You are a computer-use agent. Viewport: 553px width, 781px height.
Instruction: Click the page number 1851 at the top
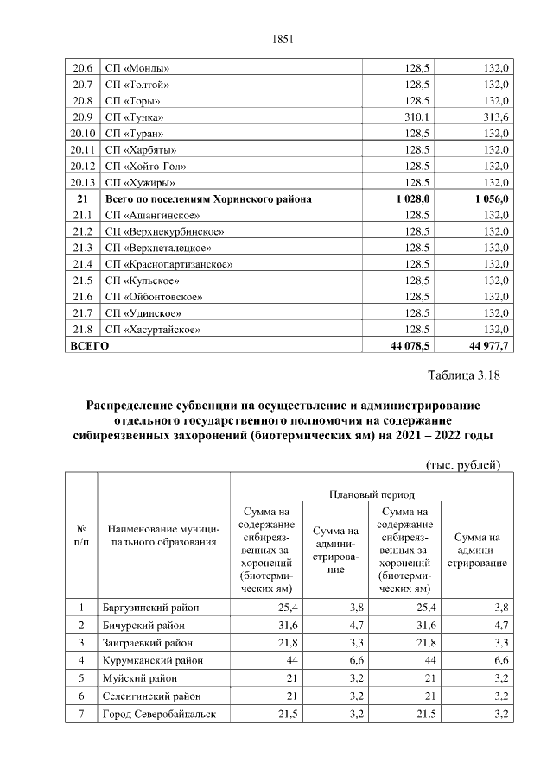(x=283, y=39)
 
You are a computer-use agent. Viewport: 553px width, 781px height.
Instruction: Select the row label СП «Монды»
(x=137, y=68)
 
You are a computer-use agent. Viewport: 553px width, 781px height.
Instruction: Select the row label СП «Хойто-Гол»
(x=144, y=166)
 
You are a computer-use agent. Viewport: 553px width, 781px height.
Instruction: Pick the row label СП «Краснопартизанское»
(x=168, y=264)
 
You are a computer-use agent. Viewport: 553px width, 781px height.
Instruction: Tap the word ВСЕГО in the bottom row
(x=88, y=346)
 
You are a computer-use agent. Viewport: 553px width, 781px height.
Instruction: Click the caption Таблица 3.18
(x=464, y=375)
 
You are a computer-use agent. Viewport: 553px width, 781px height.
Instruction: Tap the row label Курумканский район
(x=153, y=660)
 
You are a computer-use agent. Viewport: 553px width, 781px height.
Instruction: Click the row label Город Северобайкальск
(x=158, y=714)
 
